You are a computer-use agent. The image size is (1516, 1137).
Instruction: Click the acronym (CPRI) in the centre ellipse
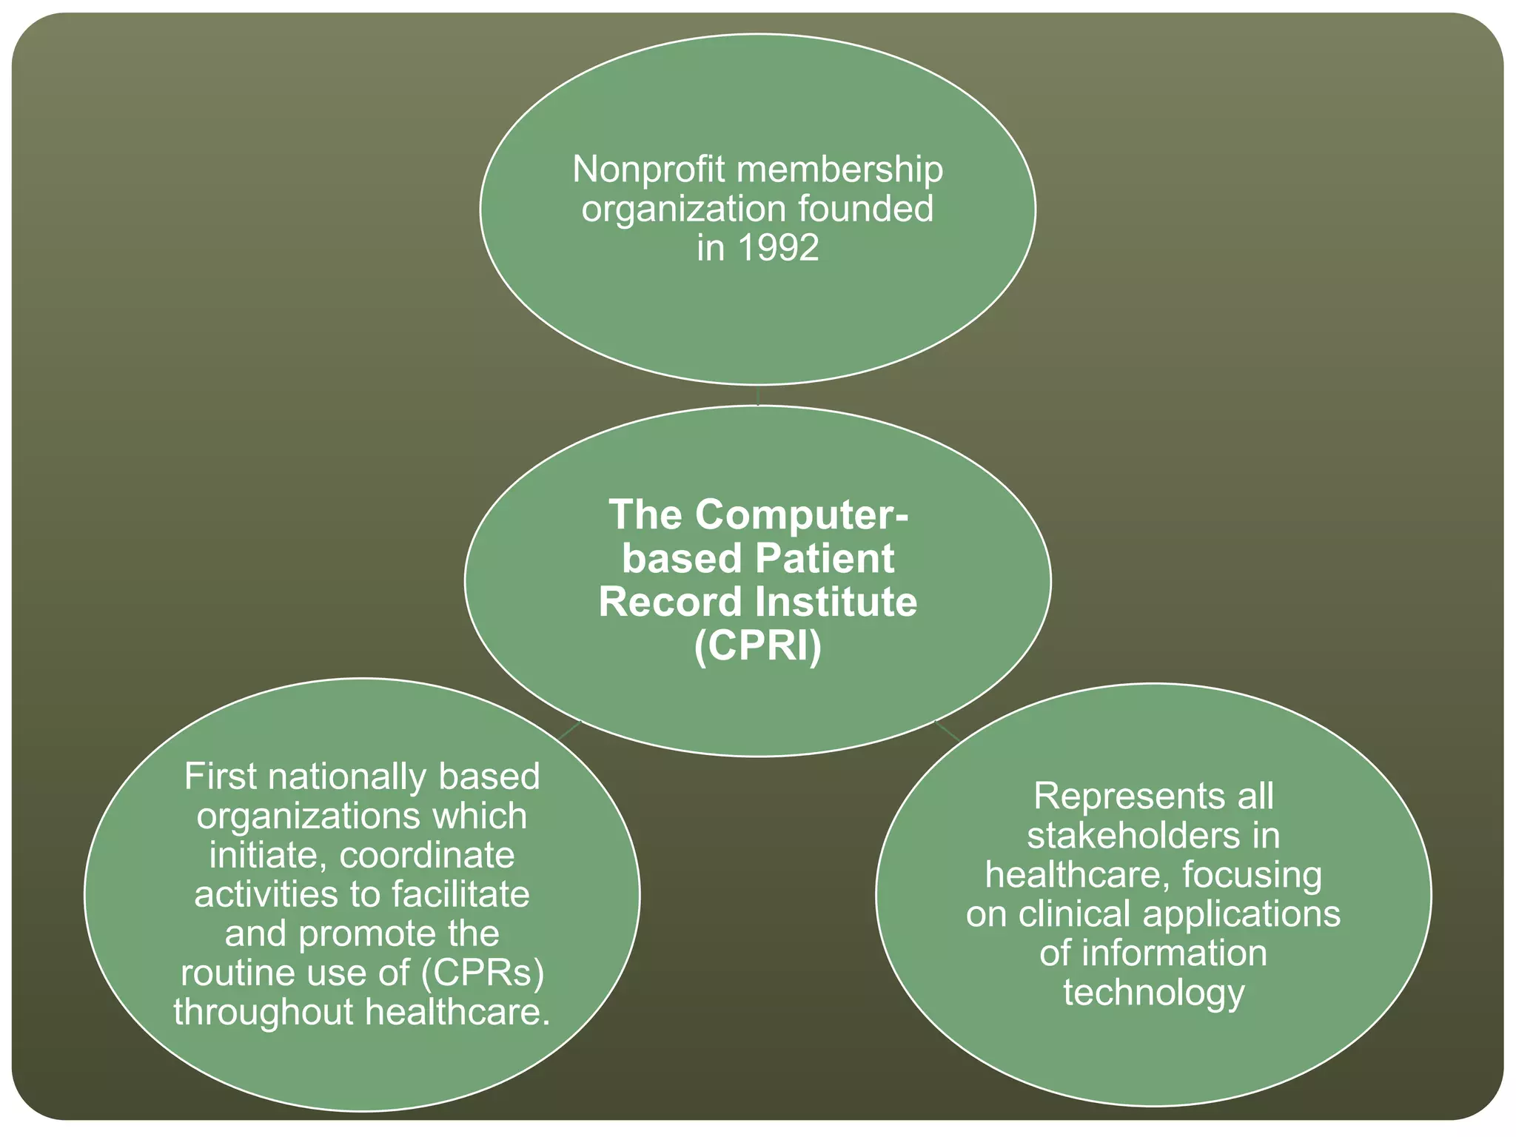[757, 645]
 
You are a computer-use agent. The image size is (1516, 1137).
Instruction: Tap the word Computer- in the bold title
[801, 514]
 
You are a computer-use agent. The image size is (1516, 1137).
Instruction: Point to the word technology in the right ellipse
[1153, 992]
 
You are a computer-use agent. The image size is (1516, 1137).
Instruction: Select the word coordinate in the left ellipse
[427, 856]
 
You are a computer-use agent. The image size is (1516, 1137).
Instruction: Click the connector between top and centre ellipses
[758, 395]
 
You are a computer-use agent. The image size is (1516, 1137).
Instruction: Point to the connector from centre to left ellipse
[570, 729]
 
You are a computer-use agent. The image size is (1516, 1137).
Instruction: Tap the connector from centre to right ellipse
[947, 730]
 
